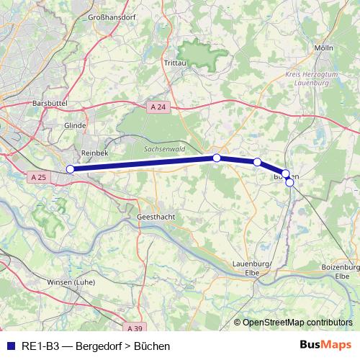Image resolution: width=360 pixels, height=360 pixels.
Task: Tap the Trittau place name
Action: click(x=175, y=63)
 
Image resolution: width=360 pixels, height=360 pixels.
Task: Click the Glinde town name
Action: click(x=75, y=125)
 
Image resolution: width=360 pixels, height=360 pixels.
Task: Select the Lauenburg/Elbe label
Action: click(x=252, y=267)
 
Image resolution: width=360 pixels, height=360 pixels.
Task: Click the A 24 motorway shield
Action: click(x=158, y=107)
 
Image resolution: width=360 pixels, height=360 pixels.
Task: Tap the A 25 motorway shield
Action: click(x=39, y=176)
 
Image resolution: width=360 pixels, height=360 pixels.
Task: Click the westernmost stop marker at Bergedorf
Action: click(x=70, y=169)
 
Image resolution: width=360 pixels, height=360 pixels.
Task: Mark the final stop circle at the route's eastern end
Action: click(x=289, y=182)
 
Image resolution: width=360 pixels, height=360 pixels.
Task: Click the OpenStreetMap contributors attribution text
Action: click(x=297, y=323)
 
